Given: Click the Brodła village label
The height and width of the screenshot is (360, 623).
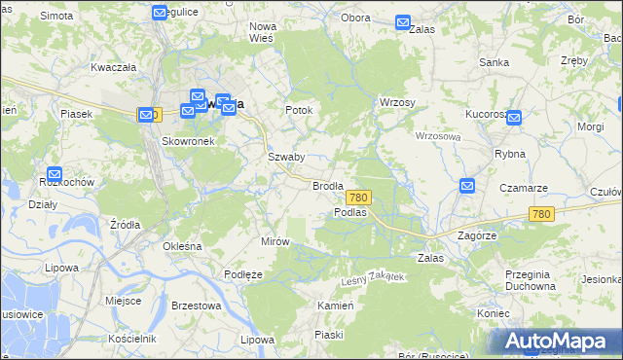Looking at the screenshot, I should [x=328, y=185].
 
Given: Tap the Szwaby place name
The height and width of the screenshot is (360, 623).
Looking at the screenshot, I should [x=286, y=157].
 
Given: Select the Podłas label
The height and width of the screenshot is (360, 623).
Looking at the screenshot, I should [x=349, y=212].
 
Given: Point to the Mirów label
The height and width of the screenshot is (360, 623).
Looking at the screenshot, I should [x=275, y=241].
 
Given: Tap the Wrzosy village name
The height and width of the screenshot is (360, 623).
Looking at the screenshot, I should [x=397, y=102].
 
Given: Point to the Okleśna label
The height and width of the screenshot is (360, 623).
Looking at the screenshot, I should [x=182, y=246].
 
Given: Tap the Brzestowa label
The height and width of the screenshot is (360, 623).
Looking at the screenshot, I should [x=196, y=306].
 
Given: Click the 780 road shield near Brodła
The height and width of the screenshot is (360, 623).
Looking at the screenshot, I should [x=357, y=197].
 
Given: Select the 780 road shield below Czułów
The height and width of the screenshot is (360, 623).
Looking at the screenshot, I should [x=542, y=214].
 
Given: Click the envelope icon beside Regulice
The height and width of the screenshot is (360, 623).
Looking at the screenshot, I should [x=161, y=13].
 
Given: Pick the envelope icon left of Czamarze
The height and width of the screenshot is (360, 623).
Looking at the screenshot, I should [x=467, y=186].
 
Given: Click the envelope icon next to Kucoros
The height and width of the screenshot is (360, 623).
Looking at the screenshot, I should [x=514, y=118].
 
